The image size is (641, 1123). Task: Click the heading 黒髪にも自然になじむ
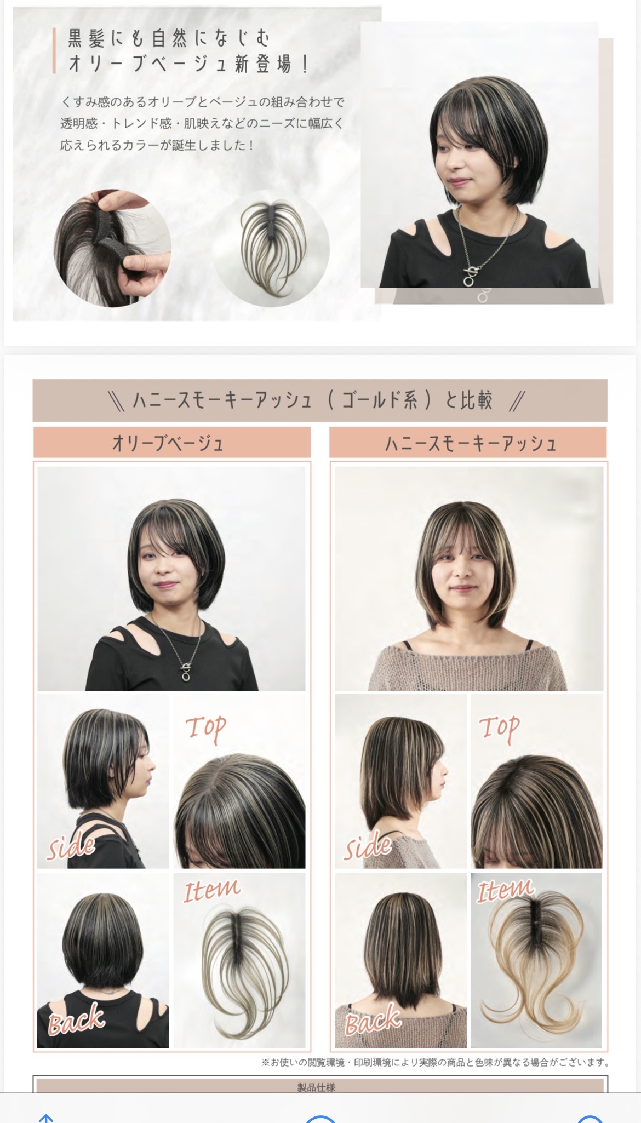(x=169, y=38)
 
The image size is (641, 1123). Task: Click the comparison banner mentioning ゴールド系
(x=320, y=400)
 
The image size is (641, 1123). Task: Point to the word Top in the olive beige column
(x=205, y=729)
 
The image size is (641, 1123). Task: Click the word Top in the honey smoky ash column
(x=499, y=729)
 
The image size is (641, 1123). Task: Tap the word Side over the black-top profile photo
(x=71, y=846)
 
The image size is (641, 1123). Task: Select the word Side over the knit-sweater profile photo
(x=368, y=846)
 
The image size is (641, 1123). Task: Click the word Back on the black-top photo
(x=76, y=1019)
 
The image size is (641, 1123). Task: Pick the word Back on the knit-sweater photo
(x=373, y=1019)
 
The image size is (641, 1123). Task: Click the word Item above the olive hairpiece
(x=211, y=890)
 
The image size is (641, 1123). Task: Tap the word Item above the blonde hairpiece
(x=505, y=890)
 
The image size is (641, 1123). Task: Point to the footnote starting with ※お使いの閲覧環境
(x=436, y=1063)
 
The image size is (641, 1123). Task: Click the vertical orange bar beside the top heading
(x=54, y=51)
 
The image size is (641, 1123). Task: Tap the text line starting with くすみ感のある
(x=203, y=102)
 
